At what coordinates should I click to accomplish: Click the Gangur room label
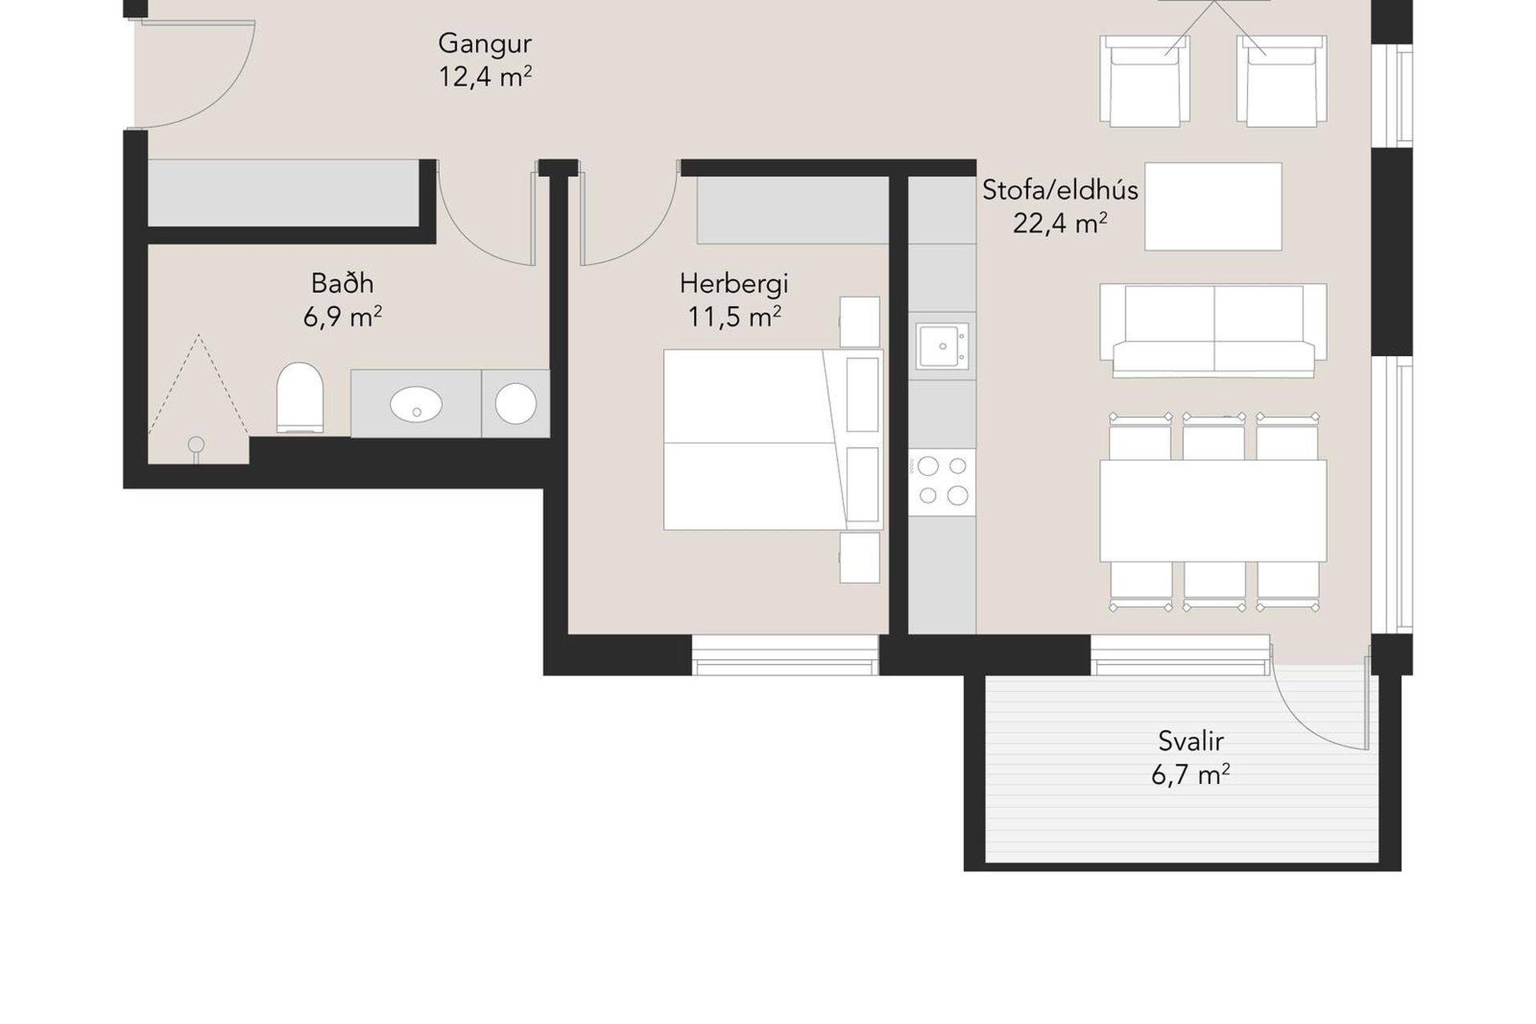point(485,43)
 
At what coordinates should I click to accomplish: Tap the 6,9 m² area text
point(342,317)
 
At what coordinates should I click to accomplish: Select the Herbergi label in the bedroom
point(734,283)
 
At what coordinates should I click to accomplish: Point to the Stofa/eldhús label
point(1060,190)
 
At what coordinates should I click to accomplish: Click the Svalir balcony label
point(1190,741)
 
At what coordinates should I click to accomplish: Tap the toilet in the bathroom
point(300,398)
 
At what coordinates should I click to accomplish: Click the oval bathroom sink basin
point(416,404)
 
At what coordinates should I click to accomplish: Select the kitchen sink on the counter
point(942,346)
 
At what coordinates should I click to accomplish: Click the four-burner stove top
point(942,482)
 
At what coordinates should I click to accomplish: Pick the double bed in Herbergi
point(773,439)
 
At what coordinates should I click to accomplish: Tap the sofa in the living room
point(1213,330)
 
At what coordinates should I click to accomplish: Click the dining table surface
point(1213,510)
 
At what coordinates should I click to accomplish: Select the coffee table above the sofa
point(1213,206)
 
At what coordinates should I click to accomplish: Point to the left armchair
point(1144,81)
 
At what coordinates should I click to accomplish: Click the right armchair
point(1282,81)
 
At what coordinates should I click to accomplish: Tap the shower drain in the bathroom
point(196,446)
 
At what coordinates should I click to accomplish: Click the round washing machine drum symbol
point(515,403)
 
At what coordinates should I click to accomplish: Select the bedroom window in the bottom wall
point(785,655)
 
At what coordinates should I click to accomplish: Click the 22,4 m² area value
point(1060,223)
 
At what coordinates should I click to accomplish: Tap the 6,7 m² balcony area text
point(1190,774)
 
